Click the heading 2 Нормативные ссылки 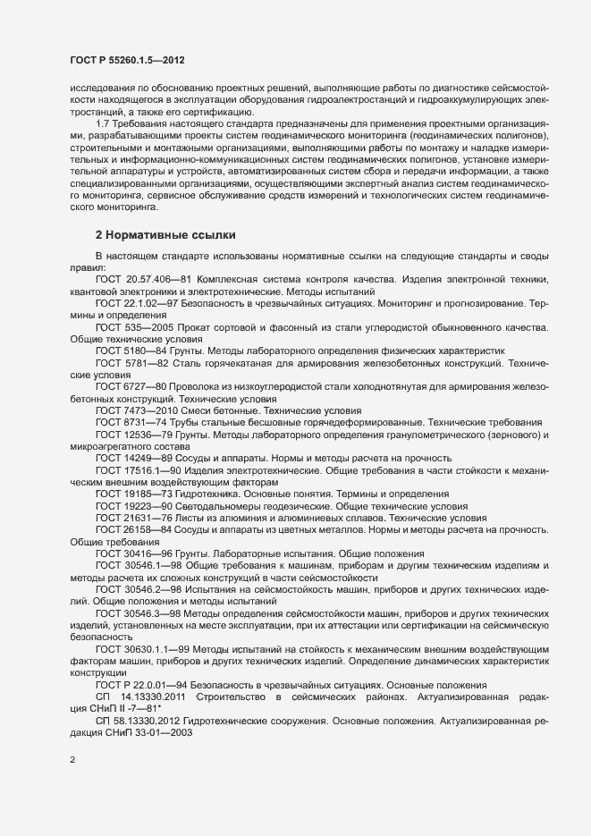tap(165, 235)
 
